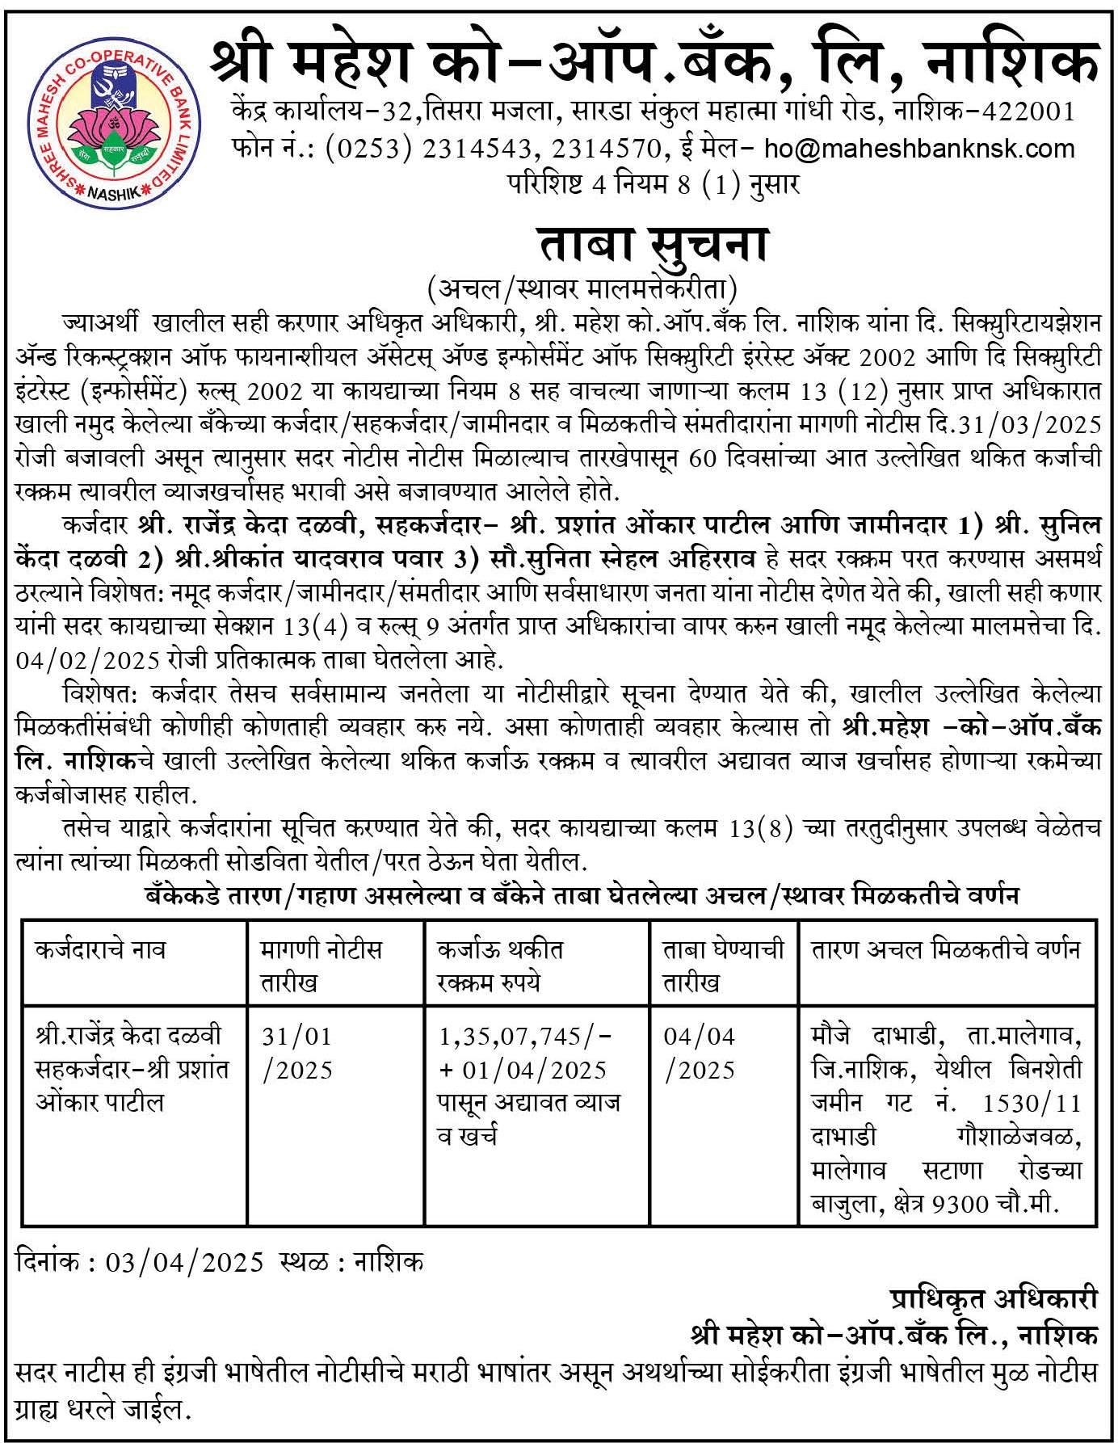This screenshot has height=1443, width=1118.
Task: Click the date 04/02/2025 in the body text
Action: pyautogui.click(x=90, y=659)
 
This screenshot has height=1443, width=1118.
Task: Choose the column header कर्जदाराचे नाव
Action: pyautogui.click(x=101, y=949)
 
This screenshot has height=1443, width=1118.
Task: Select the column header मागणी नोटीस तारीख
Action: pyautogui.click(x=321, y=966)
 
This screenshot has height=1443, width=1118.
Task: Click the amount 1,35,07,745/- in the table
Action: pyautogui.click(x=526, y=1036)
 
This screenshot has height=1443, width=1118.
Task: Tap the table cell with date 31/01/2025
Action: pyautogui.click(x=296, y=1053)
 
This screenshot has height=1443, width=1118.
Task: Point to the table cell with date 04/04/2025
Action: pyautogui.click(x=700, y=1053)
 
